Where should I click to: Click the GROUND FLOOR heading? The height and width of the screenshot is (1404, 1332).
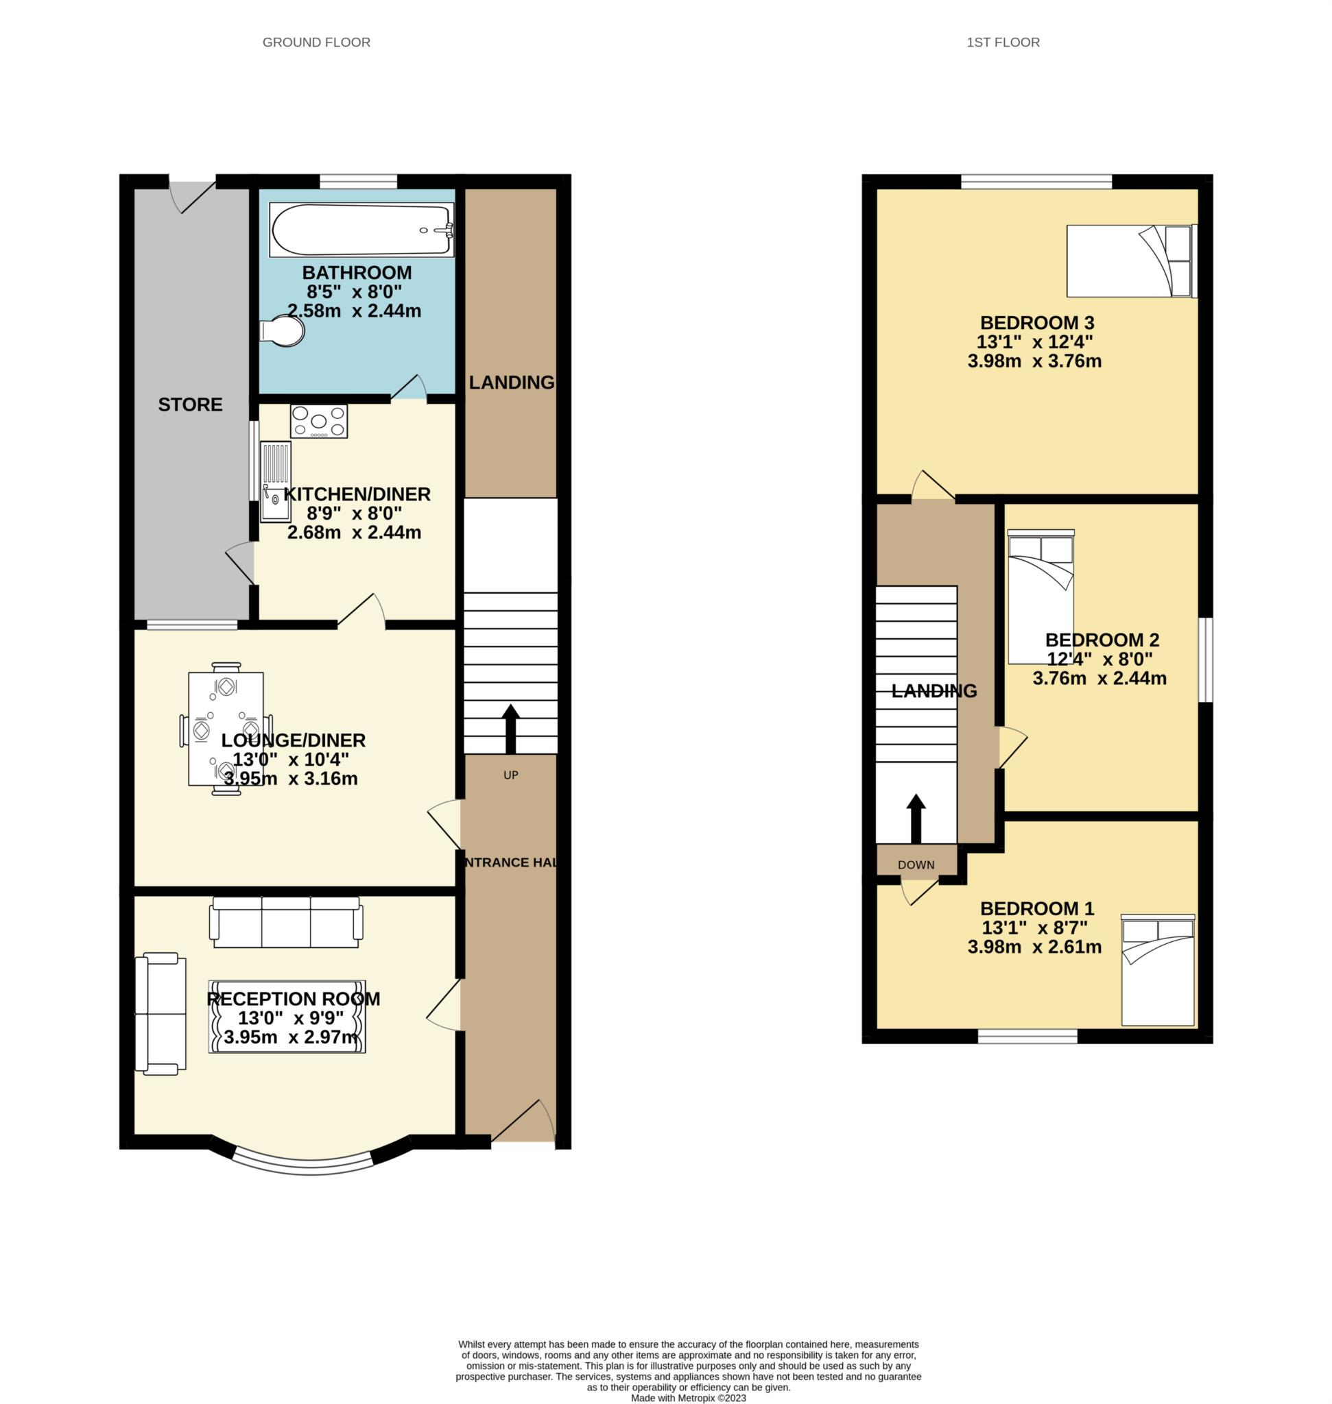(316, 43)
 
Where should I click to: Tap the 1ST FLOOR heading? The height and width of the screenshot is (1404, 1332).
(1003, 43)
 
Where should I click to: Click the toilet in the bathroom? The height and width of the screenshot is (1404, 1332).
(282, 330)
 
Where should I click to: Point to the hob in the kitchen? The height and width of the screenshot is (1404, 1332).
(319, 421)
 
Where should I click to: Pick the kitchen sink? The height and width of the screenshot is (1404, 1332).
(276, 482)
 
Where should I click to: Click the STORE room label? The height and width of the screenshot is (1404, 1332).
(190, 404)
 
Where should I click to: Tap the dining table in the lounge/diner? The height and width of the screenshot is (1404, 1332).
(225, 728)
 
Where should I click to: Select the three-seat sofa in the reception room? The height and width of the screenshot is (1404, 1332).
(286, 921)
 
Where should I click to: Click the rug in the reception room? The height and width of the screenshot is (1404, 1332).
(287, 1017)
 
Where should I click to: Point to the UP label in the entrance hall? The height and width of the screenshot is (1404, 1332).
(510, 775)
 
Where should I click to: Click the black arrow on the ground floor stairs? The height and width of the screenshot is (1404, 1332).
(510, 729)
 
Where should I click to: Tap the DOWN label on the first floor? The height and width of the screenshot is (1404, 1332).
(916, 864)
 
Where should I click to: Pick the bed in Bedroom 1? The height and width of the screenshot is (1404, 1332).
(1158, 969)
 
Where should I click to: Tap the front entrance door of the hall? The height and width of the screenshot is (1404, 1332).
(523, 1122)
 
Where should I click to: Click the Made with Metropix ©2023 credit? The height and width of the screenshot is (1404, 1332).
(688, 1398)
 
